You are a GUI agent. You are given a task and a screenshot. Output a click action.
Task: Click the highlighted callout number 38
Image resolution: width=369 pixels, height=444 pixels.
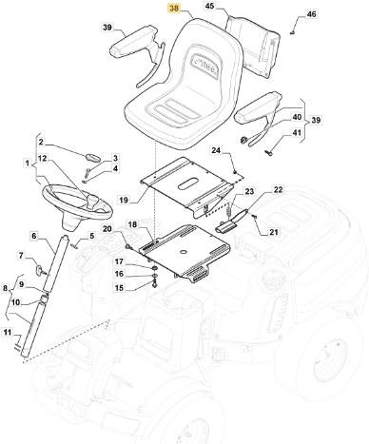click(174, 9)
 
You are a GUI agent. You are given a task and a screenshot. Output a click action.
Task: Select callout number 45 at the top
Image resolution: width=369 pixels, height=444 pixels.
click(210, 6)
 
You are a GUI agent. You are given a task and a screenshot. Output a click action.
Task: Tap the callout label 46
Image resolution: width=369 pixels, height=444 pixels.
click(311, 14)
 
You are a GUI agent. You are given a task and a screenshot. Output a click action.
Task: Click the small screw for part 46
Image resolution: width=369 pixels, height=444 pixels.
click(292, 32)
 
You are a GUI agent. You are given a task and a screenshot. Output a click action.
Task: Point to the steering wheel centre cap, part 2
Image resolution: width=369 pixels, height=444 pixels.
click(92, 157)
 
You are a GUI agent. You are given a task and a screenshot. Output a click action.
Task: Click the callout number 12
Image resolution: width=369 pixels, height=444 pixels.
click(43, 158)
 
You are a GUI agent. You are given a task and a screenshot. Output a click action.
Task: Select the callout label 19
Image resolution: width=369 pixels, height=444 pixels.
click(124, 200)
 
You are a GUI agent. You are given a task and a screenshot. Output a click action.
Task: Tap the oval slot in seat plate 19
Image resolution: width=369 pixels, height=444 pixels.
click(187, 184)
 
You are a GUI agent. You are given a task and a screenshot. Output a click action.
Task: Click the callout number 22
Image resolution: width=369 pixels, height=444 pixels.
click(278, 189)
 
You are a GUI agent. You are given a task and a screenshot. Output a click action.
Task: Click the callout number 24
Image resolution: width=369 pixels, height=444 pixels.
click(218, 150)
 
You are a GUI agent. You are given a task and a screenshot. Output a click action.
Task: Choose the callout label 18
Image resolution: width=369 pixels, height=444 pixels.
click(132, 224)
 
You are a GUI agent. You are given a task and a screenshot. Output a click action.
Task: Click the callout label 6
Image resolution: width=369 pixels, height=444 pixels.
click(34, 236)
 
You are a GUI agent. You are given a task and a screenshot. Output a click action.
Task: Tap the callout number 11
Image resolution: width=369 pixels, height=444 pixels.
click(8, 333)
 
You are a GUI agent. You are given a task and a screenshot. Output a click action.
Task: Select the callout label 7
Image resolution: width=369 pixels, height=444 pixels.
click(22, 255)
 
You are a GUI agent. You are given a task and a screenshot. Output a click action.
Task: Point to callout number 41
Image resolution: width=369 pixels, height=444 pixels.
click(297, 132)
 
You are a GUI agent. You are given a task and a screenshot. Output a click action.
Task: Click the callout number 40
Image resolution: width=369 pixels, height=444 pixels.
click(297, 117)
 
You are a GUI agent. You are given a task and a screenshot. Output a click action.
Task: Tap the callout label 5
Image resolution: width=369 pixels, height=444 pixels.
click(92, 236)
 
